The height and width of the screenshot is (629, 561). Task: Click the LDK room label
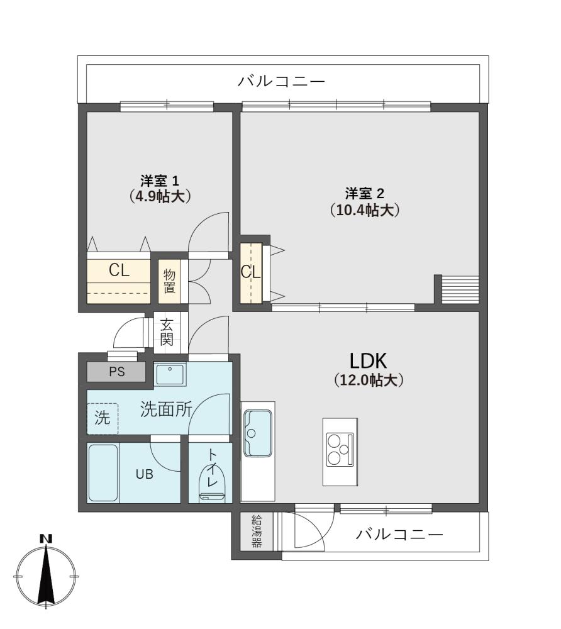click(x=368, y=361)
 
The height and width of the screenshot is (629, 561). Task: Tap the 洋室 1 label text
click(x=160, y=181)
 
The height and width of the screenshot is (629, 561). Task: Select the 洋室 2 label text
click(x=365, y=194)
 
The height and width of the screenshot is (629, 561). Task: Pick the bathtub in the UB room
click(x=103, y=472)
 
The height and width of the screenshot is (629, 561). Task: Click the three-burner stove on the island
click(x=340, y=449)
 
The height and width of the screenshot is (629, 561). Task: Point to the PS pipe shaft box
click(x=116, y=372)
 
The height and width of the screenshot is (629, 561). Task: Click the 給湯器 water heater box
click(x=256, y=532)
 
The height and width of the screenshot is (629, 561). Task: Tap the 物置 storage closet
click(x=169, y=281)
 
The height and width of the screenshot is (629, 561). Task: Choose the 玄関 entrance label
click(x=167, y=332)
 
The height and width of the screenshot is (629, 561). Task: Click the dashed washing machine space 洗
click(x=103, y=418)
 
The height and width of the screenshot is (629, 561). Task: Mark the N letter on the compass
click(x=47, y=539)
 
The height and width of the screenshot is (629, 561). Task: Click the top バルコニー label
click(x=281, y=81)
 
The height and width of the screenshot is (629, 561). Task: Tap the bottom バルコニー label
click(x=399, y=534)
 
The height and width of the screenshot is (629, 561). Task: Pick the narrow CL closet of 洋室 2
click(x=251, y=273)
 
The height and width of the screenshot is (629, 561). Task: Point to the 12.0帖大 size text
click(x=369, y=379)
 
